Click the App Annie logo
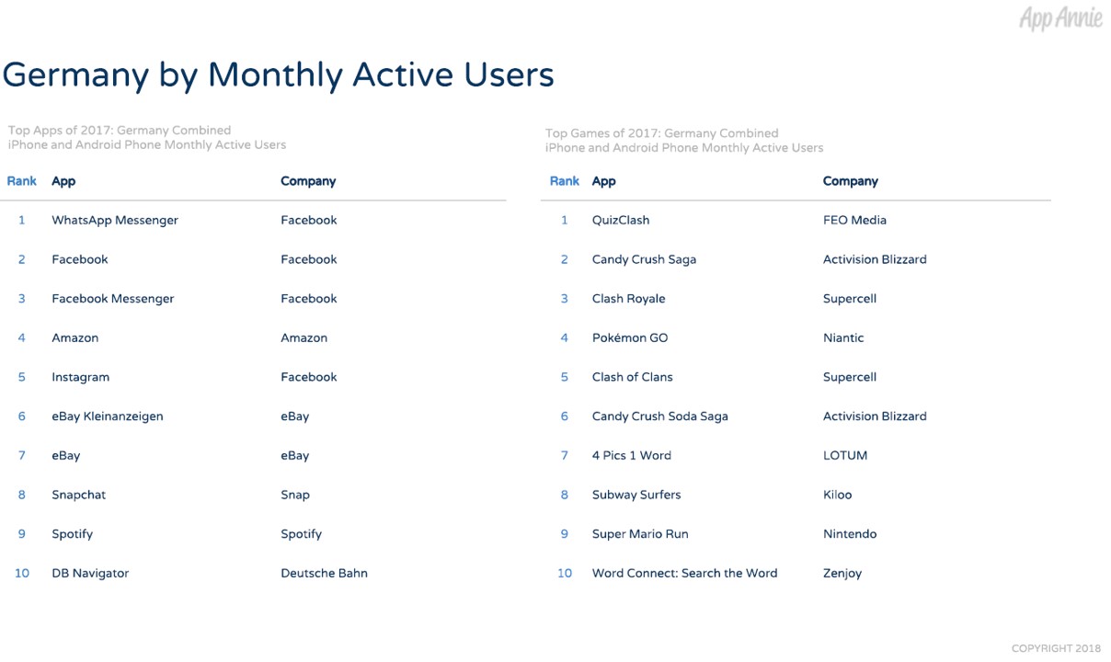tap(1060, 18)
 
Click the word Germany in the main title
tap(75, 76)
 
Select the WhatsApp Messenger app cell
tap(115, 221)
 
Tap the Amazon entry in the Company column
tap(304, 338)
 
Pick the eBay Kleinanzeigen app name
tap(107, 417)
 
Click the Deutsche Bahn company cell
tap(324, 573)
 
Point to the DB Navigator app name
tap(90, 573)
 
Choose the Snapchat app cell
tap(78, 495)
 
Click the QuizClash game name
tap(621, 220)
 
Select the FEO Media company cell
tap(854, 220)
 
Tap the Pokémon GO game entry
tap(630, 338)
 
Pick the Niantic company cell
tap(843, 338)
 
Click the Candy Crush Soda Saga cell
tap(659, 417)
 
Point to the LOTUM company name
tap(845, 456)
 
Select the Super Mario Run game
tap(640, 534)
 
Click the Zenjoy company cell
tap(842, 574)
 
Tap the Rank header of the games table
tap(564, 181)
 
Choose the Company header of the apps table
tap(308, 181)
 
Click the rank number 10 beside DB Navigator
tap(22, 573)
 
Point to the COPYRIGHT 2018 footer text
tap(1056, 648)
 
